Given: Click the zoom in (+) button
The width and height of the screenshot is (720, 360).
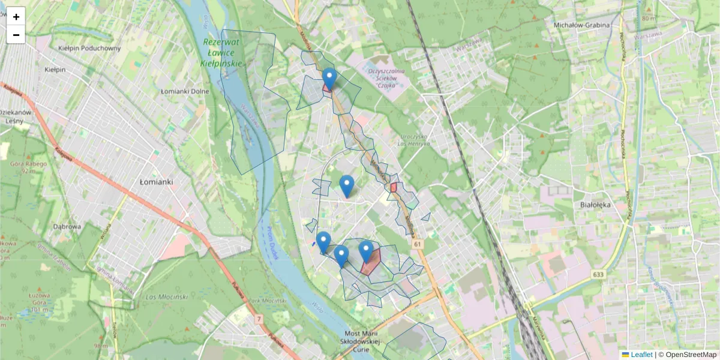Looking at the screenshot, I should point(16,17).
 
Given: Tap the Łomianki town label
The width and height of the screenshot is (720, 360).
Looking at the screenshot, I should point(156,181).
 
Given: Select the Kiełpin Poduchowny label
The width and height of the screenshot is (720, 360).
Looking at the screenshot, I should point(89,48).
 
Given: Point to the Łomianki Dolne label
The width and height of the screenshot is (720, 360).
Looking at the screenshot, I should point(185,91).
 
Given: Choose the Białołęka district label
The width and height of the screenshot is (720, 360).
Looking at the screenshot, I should point(595,204).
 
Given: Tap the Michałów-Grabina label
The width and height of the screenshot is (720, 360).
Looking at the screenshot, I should point(581,25).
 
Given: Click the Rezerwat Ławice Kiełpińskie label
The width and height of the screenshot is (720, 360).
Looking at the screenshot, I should point(222,52).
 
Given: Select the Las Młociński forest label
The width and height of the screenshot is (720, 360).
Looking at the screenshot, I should point(167,297).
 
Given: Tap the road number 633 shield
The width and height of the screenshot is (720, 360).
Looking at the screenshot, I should point(597,274).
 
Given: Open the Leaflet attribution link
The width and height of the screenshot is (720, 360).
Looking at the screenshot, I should point(641,355).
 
